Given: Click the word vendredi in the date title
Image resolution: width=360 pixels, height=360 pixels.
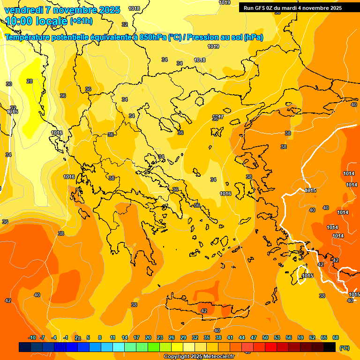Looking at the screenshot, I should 23,10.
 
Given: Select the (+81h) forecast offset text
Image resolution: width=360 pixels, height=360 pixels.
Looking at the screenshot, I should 81,21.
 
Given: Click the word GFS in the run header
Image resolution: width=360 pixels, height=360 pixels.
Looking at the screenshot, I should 261,8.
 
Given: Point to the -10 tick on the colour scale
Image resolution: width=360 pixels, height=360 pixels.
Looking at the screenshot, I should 32,337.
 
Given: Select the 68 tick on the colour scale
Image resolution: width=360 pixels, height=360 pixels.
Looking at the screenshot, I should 336,337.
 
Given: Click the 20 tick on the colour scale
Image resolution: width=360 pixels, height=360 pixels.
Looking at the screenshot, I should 148,337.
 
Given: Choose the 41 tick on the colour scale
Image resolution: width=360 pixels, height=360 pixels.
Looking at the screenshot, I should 230,337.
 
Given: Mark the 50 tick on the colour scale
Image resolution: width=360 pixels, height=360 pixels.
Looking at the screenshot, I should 265,337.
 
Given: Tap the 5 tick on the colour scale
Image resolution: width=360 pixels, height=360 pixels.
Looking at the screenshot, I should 88,337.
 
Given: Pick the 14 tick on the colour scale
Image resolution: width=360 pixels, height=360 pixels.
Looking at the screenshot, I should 125,337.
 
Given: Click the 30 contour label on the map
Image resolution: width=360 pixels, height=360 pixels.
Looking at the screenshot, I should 9,84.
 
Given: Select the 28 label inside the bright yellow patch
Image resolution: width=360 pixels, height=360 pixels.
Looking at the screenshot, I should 30,81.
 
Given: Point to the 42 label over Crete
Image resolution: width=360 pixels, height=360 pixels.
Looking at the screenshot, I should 204,311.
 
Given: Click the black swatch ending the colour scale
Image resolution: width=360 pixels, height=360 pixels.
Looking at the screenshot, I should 330,347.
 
